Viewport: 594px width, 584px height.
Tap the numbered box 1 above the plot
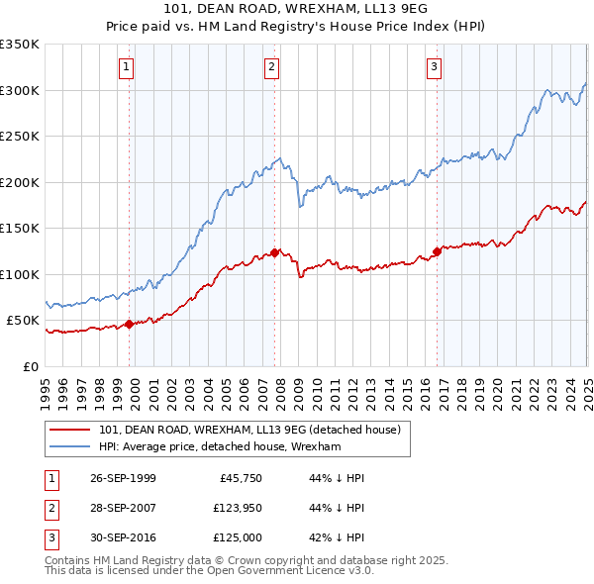pyautogui.click(x=128, y=67)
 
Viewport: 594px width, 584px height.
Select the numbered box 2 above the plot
pyautogui.click(x=271, y=67)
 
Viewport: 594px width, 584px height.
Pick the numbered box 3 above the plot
pyautogui.click(x=435, y=67)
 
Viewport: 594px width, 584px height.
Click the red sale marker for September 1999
pyautogui.click(x=130, y=324)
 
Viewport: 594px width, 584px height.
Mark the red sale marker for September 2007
pyautogui.click(x=274, y=252)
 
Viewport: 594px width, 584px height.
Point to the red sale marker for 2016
pyautogui.click(x=437, y=251)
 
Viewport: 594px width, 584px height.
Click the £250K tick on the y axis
pyautogui.click(x=21, y=137)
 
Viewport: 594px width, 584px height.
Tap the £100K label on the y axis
pyautogui.click(x=21, y=274)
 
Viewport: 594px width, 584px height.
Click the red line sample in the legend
pyautogui.click(x=69, y=430)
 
